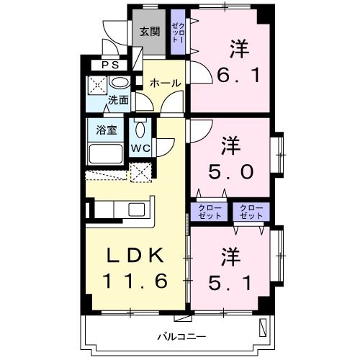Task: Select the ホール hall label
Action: click(164, 84)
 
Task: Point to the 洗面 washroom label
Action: click(118, 100)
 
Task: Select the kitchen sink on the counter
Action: click(137, 210)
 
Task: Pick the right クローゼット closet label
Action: click(251, 212)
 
